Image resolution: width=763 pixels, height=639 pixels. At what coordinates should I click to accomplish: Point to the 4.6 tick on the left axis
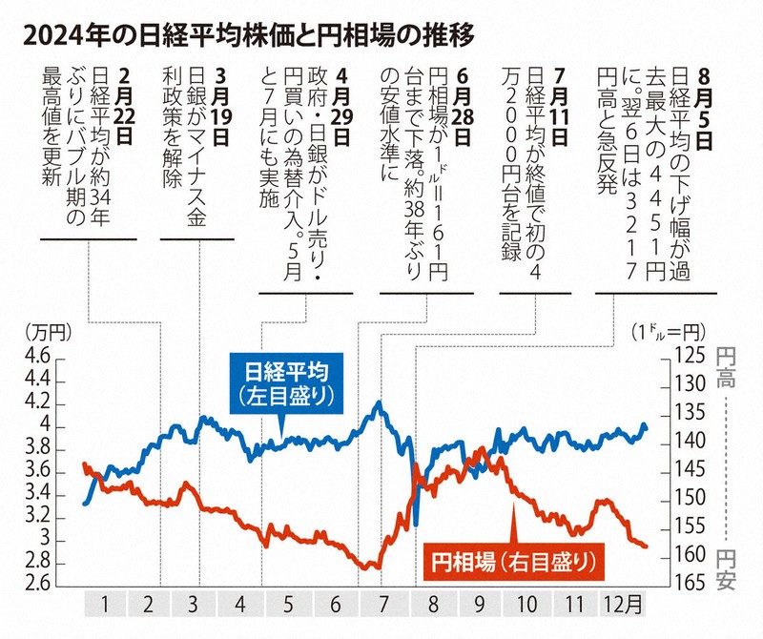(x=33, y=357)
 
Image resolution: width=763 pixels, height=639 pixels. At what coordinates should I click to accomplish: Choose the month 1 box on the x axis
(x=106, y=605)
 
